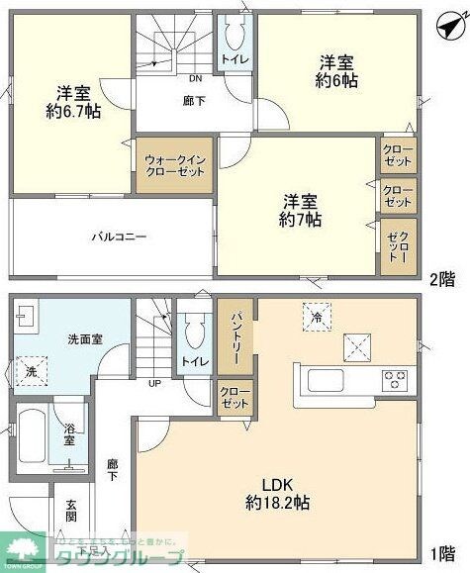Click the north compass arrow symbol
click(x=448, y=25)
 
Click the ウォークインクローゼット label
click(x=174, y=164)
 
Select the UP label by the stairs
click(x=155, y=383)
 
